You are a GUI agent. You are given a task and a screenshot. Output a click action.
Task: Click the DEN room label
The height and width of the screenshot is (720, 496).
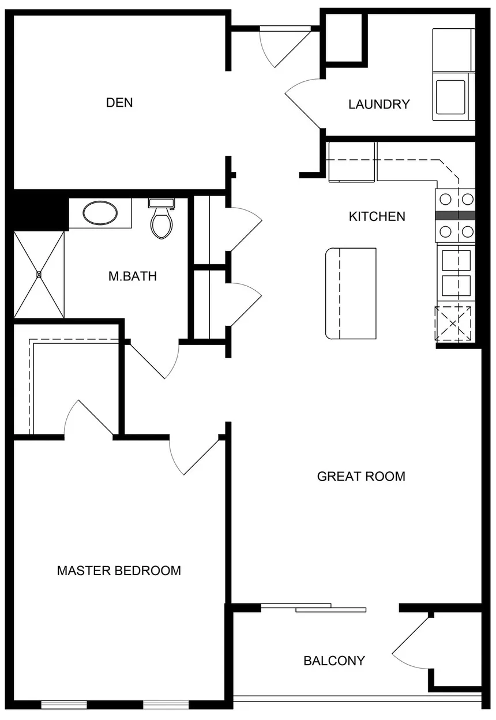click(119, 103)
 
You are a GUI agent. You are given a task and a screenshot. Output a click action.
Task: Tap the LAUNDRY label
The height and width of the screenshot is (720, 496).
click(379, 104)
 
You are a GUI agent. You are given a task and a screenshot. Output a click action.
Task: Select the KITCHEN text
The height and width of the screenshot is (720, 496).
click(377, 217)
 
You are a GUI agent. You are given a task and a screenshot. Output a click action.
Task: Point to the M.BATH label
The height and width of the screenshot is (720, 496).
click(132, 276)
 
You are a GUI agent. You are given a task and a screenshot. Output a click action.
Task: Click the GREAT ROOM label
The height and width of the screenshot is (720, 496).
click(361, 477)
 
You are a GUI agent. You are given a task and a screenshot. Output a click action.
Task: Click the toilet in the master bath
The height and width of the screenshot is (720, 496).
click(161, 219)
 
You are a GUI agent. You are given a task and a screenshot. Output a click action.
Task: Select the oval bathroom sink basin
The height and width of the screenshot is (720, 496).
click(100, 212)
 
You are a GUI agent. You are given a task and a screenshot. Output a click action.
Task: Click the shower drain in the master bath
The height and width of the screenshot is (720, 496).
click(39, 275)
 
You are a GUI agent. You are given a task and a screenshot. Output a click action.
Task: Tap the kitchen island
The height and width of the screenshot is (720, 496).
click(351, 294)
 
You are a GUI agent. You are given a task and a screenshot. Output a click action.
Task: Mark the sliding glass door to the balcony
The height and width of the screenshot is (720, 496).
click(314, 607)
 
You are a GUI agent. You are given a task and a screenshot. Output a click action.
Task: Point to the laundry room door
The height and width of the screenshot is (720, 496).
click(303, 103)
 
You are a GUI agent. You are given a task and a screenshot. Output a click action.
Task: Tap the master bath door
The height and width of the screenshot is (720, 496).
click(153, 360)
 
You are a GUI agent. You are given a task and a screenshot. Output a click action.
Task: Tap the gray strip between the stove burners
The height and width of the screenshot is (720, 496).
click(455, 215)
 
